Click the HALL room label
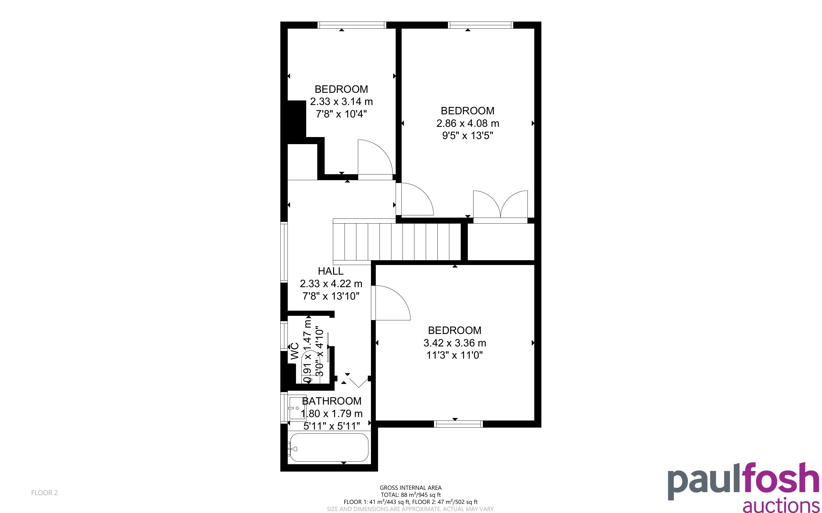pyautogui.click(x=330, y=271)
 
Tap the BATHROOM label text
pyautogui.click(x=331, y=401)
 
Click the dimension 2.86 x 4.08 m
pyautogui.click(x=468, y=123)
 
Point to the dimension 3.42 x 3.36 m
pyautogui.click(x=455, y=343)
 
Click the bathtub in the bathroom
pyautogui.click(x=328, y=447)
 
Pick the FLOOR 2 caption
pyautogui.click(x=45, y=493)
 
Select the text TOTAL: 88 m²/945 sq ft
pyautogui.click(x=410, y=495)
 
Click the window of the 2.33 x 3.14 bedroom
pyautogui.click(x=352, y=25)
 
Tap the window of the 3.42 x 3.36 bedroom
pyautogui.click(x=458, y=424)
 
